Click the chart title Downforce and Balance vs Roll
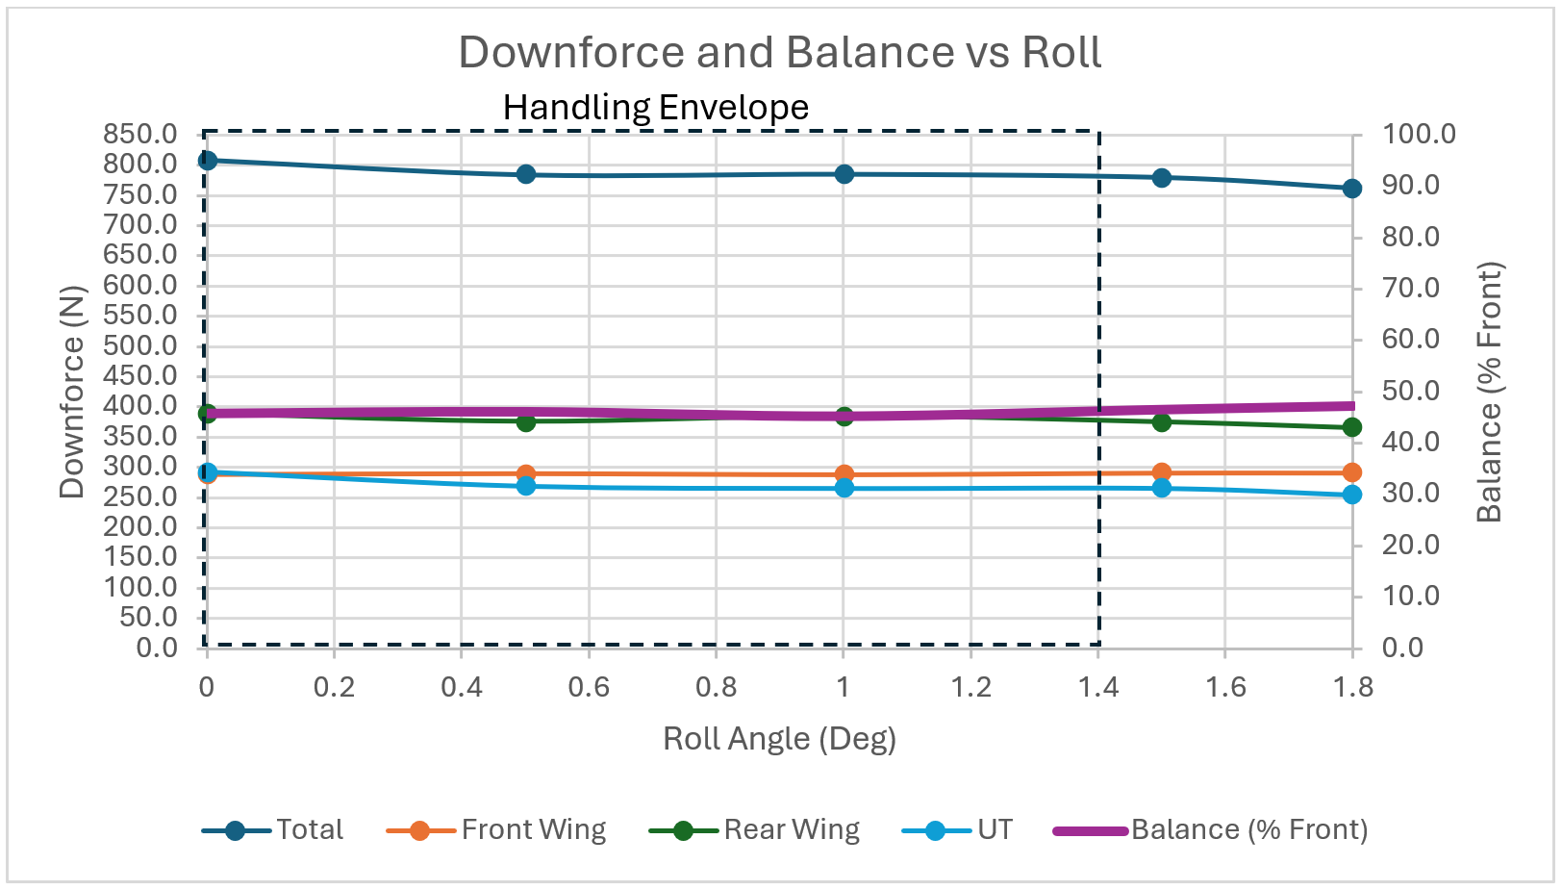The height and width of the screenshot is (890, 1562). point(779,52)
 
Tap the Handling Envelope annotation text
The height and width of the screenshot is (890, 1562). point(656,107)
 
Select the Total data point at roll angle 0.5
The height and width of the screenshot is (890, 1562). point(525,174)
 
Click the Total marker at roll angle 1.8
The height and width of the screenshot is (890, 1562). point(1351,189)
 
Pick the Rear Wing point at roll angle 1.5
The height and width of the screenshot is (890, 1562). point(1161,421)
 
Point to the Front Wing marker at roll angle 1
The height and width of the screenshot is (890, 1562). point(844,474)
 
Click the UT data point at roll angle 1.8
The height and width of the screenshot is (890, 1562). point(1351,495)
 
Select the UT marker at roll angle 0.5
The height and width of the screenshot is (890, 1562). point(525,486)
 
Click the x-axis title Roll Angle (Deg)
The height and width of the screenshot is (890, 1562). point(779,739)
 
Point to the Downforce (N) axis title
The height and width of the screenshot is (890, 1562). point(72,392)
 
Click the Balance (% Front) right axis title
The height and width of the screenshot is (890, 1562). point(1489,392)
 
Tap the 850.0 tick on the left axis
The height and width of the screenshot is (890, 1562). point(140,134)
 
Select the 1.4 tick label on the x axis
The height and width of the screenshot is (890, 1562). point(1097,687)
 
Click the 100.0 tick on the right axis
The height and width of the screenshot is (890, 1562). point(1419,134)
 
